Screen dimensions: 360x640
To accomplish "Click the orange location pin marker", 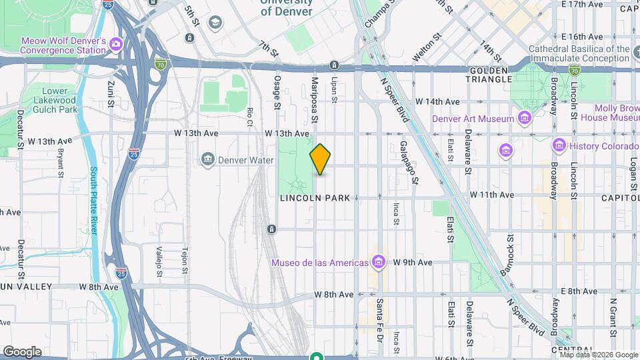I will (321, 159).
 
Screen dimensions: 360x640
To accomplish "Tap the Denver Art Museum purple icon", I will (525, 119).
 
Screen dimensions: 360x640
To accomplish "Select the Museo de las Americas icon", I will (379, 262).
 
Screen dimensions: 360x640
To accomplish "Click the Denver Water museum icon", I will (208, 160).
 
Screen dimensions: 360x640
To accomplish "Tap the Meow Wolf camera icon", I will (116, 45).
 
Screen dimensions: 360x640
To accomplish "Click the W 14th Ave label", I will (437, 101).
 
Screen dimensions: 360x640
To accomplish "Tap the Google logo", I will (21, 351).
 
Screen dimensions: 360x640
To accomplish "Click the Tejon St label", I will (185, 262).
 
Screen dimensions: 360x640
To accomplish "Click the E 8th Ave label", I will (579, 291).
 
